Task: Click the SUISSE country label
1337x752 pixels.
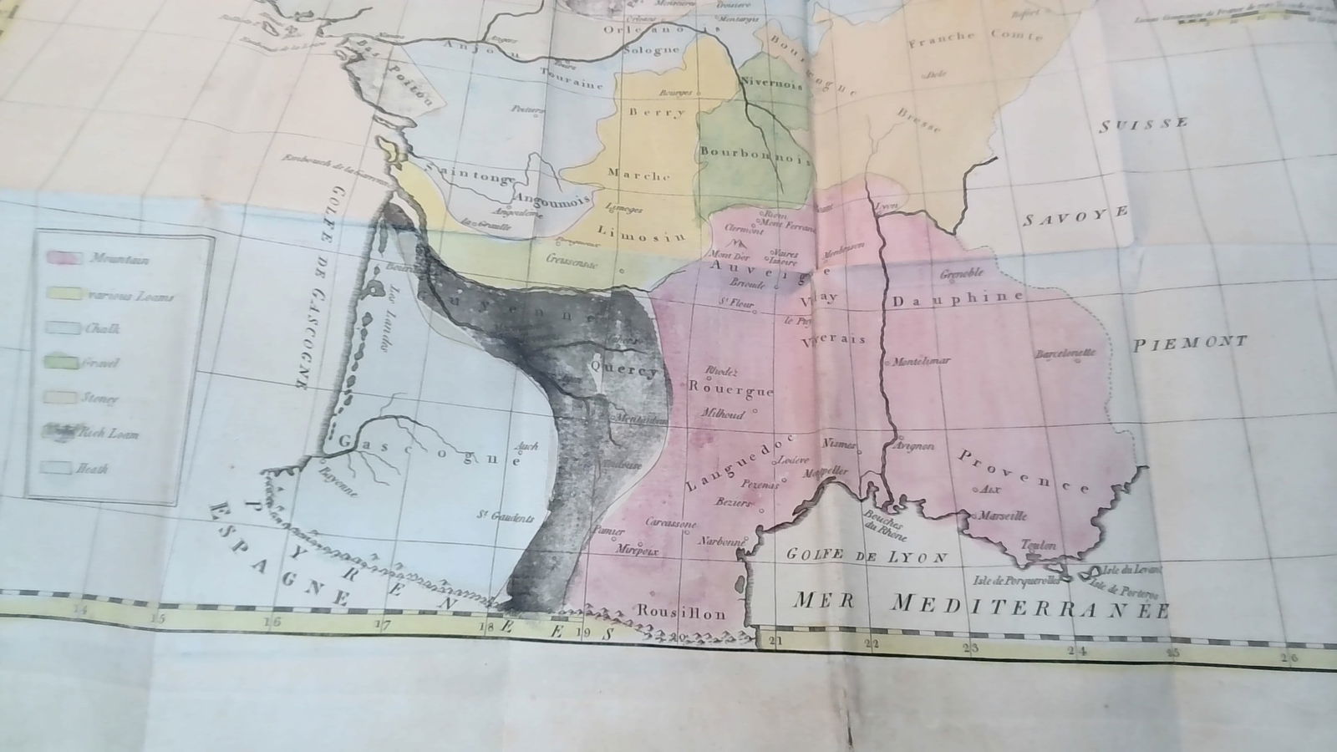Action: [1143, 124]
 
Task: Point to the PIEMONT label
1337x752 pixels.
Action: [1190, 342]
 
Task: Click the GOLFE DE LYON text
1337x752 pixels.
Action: [868, 557]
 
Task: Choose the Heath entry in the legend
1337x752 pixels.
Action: [92, 469]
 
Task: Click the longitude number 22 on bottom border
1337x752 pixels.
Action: [872, 643]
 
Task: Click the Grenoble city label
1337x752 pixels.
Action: [962, 273]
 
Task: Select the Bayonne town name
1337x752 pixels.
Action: [338, 482]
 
